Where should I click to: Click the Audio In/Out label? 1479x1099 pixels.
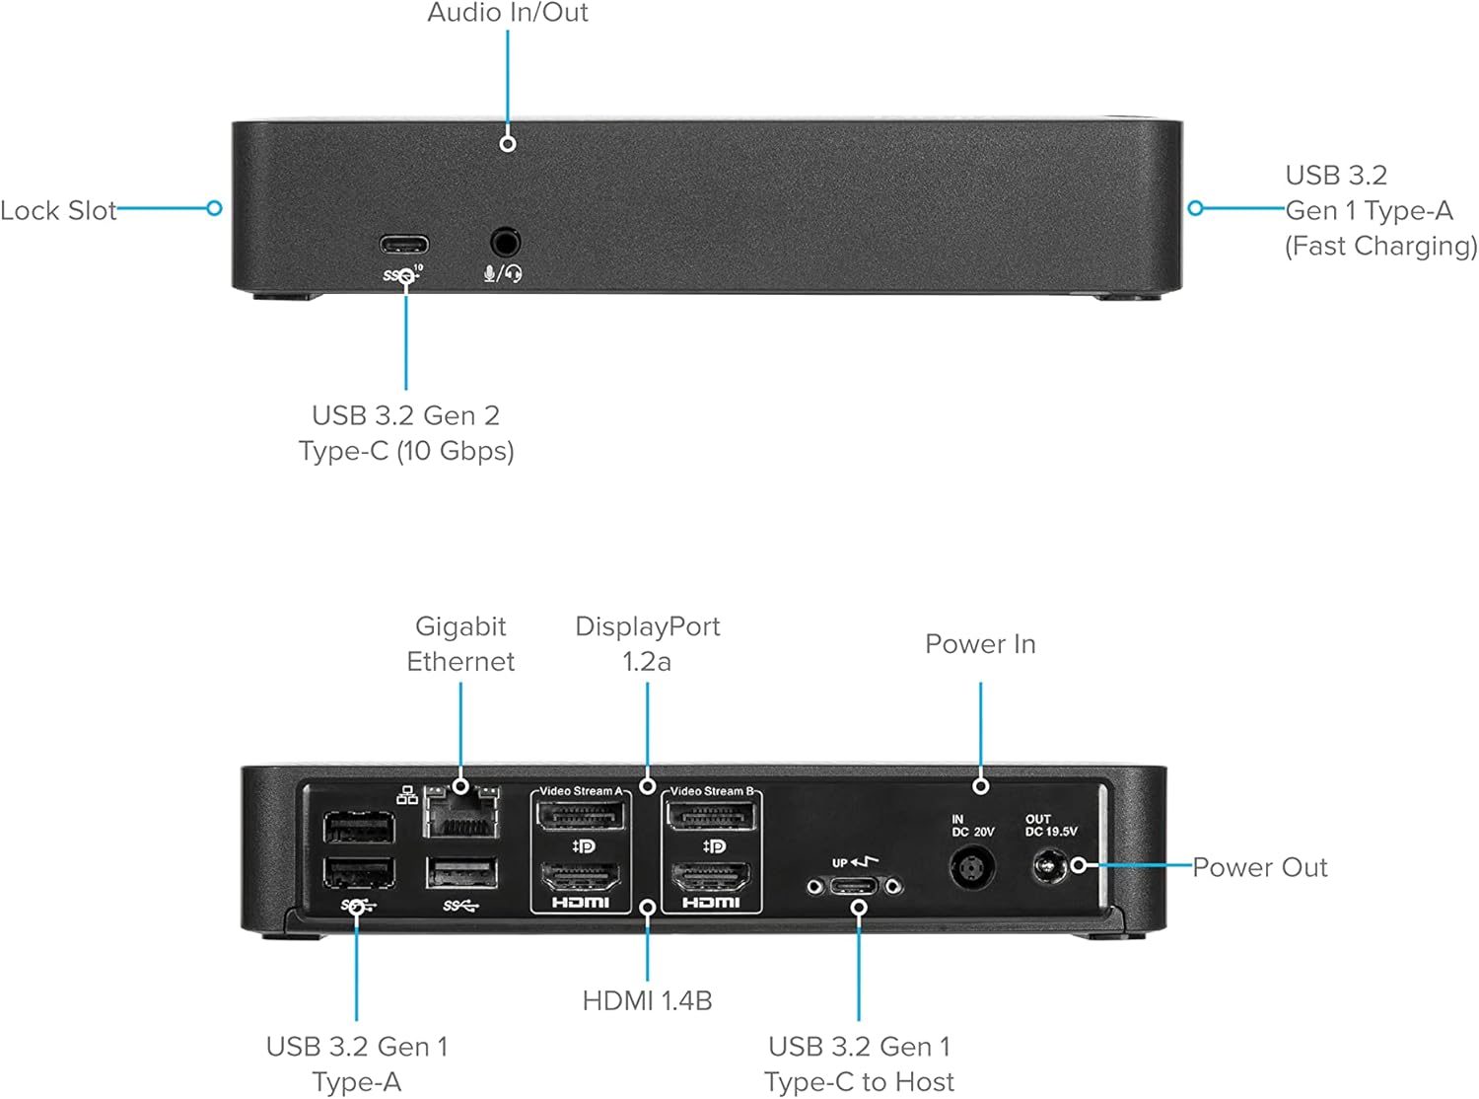pyautogui.click(x=507, y=13)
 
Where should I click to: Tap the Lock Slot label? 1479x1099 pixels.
pyautogui.click(x=58, y=210)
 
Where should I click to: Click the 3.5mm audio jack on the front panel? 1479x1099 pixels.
pyautogui.click(x=505, y=242)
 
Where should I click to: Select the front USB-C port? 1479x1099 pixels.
pyautogui.click(x=404, y=244)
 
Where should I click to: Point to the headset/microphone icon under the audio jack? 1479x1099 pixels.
pyautogui.click(x=503, y=273)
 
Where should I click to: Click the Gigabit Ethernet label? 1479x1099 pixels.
pyautogui.click(x=460, y=643)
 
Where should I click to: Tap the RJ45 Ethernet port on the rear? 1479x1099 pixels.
pyautogui.click(x=461, y=814)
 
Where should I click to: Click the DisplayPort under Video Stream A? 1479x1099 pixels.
pyautogui.click(x=580, y=817)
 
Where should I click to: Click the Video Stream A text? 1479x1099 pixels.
pyautogui.click(x=581, y=791)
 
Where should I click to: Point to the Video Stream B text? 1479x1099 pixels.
pyautogui.click(x=712, y=791)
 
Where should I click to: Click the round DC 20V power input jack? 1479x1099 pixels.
pyautogui.click(x=971, y=869)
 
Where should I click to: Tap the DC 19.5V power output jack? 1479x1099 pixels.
pyautogui.click(x=1048, y=868)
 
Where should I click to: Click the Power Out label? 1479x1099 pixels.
pyautogui.click(x=1259, y=867)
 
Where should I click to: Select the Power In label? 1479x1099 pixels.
pyautogui.click(x=980, y=644)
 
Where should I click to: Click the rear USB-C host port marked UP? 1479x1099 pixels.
pyautogui.click(x=854, y=886)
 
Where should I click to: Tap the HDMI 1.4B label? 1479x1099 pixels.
pyautogui.click(x=647, y=1000)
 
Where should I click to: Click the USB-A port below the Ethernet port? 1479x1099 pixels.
pyautogui.click(x=461, y=874)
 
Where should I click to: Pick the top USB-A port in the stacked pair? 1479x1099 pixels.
pyautogui.click(x=359, y=827)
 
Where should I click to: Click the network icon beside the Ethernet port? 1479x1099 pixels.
pyautogui.click(x=407, y=795)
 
